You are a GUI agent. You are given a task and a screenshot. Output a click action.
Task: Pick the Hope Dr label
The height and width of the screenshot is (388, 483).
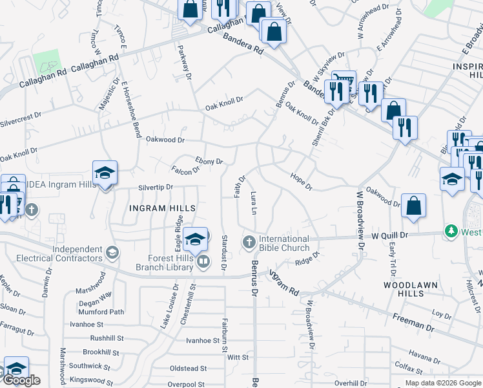pos(301,182)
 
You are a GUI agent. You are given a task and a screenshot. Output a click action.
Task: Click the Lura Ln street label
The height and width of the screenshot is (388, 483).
pos(254,202)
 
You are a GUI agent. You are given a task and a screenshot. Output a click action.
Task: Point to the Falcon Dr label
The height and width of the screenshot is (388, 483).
pos(185,171)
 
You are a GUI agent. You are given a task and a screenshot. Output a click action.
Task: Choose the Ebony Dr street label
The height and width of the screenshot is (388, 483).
pos(209,161)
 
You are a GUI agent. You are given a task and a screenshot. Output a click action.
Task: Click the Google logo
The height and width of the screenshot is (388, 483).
pos(21,380)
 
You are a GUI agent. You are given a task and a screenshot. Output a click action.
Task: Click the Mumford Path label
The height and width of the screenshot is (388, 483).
pos(101,312)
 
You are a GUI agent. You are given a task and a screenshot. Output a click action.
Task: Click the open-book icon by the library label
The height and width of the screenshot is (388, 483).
pos(203,261)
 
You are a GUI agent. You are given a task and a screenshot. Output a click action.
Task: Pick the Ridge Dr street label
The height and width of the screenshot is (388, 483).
pos(307,261)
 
